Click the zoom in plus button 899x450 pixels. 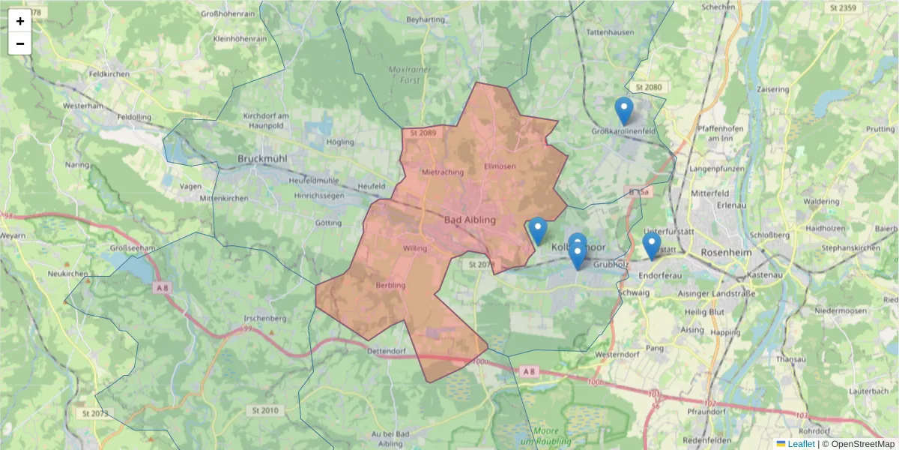coord(20,21)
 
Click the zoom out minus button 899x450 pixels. coord(20,43)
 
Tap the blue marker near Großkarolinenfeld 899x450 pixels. coord(623,111)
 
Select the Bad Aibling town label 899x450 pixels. coord(470,220)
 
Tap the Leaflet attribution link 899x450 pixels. coord(800,444)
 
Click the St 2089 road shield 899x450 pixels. coord(423,133)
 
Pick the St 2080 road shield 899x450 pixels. coord(649,88)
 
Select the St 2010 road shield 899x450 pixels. coord(265,410)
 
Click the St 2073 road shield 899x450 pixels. coord(94,413)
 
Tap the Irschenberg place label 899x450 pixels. coord(261,319)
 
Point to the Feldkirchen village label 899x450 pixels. coord(109,75)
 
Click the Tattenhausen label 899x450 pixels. coord(610,33)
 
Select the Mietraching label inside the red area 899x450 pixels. coord(444,172)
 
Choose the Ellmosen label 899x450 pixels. coord(500,166)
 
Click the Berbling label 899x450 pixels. coord(390,285)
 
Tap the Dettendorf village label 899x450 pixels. coord(407,351)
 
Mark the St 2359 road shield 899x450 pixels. coord(843,7)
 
